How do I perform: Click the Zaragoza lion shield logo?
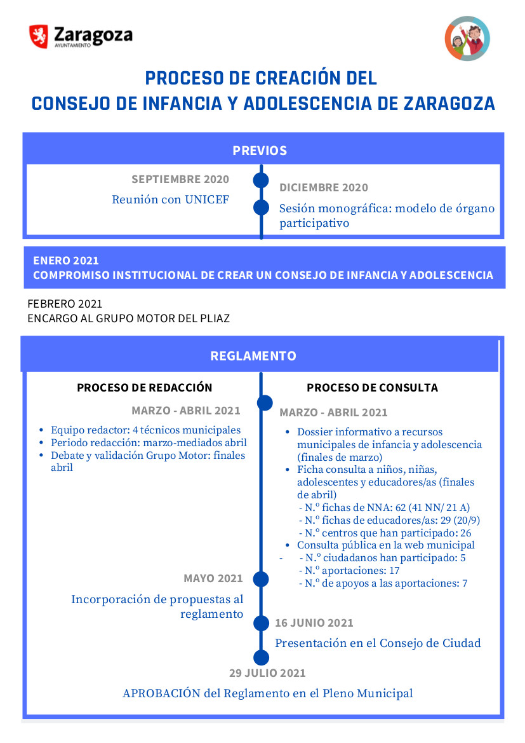point(39,36)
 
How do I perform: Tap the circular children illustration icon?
point(467,39)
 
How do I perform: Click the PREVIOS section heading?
point(260,151)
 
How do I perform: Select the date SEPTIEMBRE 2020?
point(180,179)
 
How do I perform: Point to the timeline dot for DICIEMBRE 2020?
point(261,207)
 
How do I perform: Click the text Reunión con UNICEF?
point(170,200)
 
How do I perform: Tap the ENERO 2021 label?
point(66,261)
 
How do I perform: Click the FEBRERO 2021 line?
point(65,304)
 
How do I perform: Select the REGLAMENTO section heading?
point(253,356)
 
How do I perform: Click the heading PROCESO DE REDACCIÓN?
point(145,388)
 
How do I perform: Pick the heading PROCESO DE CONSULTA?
point(372,388)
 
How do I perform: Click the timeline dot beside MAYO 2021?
point(261,579)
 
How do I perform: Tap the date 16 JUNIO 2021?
point(314,623)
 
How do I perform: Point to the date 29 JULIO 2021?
point(267,673)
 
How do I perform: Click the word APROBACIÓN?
point(161,693)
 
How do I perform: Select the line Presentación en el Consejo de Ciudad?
point(378,643)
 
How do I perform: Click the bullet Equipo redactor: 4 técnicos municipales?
point(145,430)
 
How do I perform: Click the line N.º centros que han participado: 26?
point(388,533)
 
